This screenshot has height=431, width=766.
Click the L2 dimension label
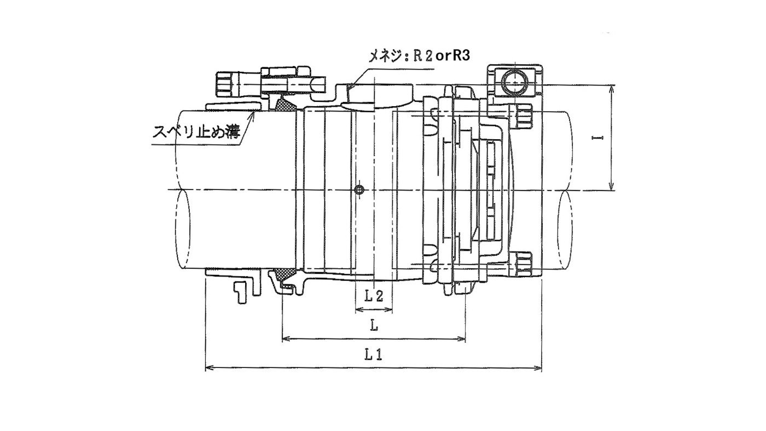pyautogui.click(x=374, y=296)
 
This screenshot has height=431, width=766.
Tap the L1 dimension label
pyautogui.click(x=373, y=355)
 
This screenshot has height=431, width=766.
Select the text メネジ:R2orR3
pyautogui.click(x=419, y=56)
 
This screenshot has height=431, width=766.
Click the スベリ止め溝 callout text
pyautogui.click(x=196, y=132)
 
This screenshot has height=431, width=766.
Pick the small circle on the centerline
pyautogui.click(x=359, y=189)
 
